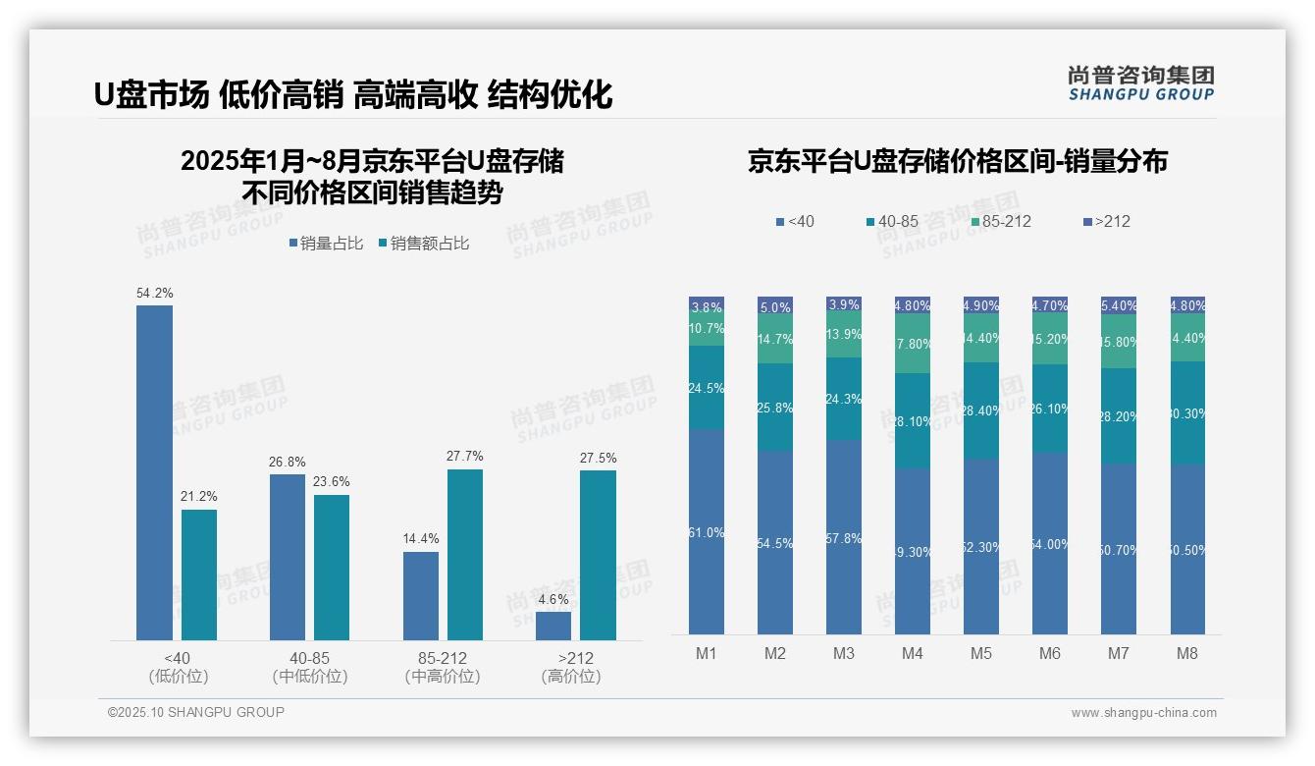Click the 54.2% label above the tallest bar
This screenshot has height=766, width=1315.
point(155,293)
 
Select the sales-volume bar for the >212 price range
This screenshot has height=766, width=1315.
point(553,626)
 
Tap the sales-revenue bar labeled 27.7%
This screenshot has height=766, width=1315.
point(465,555)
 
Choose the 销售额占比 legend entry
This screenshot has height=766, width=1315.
point(423,244)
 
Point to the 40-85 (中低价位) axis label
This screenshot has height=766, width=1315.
point(309,667)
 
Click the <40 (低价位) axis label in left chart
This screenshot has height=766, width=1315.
point(178,667)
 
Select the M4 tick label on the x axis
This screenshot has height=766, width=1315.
point(913,654)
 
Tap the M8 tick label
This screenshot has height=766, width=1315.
point(1187,654)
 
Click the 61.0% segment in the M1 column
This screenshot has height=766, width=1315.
point(707,532)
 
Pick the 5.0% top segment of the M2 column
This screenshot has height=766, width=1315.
point(775,306)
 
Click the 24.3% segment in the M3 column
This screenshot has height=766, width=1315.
point(844,399)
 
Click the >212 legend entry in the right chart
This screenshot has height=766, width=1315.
point(1107,222)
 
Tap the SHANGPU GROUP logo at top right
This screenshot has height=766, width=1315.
point(1140,82)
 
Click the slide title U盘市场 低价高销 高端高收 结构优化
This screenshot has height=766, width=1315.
point(353,94)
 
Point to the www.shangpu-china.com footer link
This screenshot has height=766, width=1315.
point(1143,713)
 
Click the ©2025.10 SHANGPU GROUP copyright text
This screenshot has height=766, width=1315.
point(196,712)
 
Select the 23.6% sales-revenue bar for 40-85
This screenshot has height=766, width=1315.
point(332,568)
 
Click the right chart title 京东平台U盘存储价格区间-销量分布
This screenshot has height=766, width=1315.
point(957,161)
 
